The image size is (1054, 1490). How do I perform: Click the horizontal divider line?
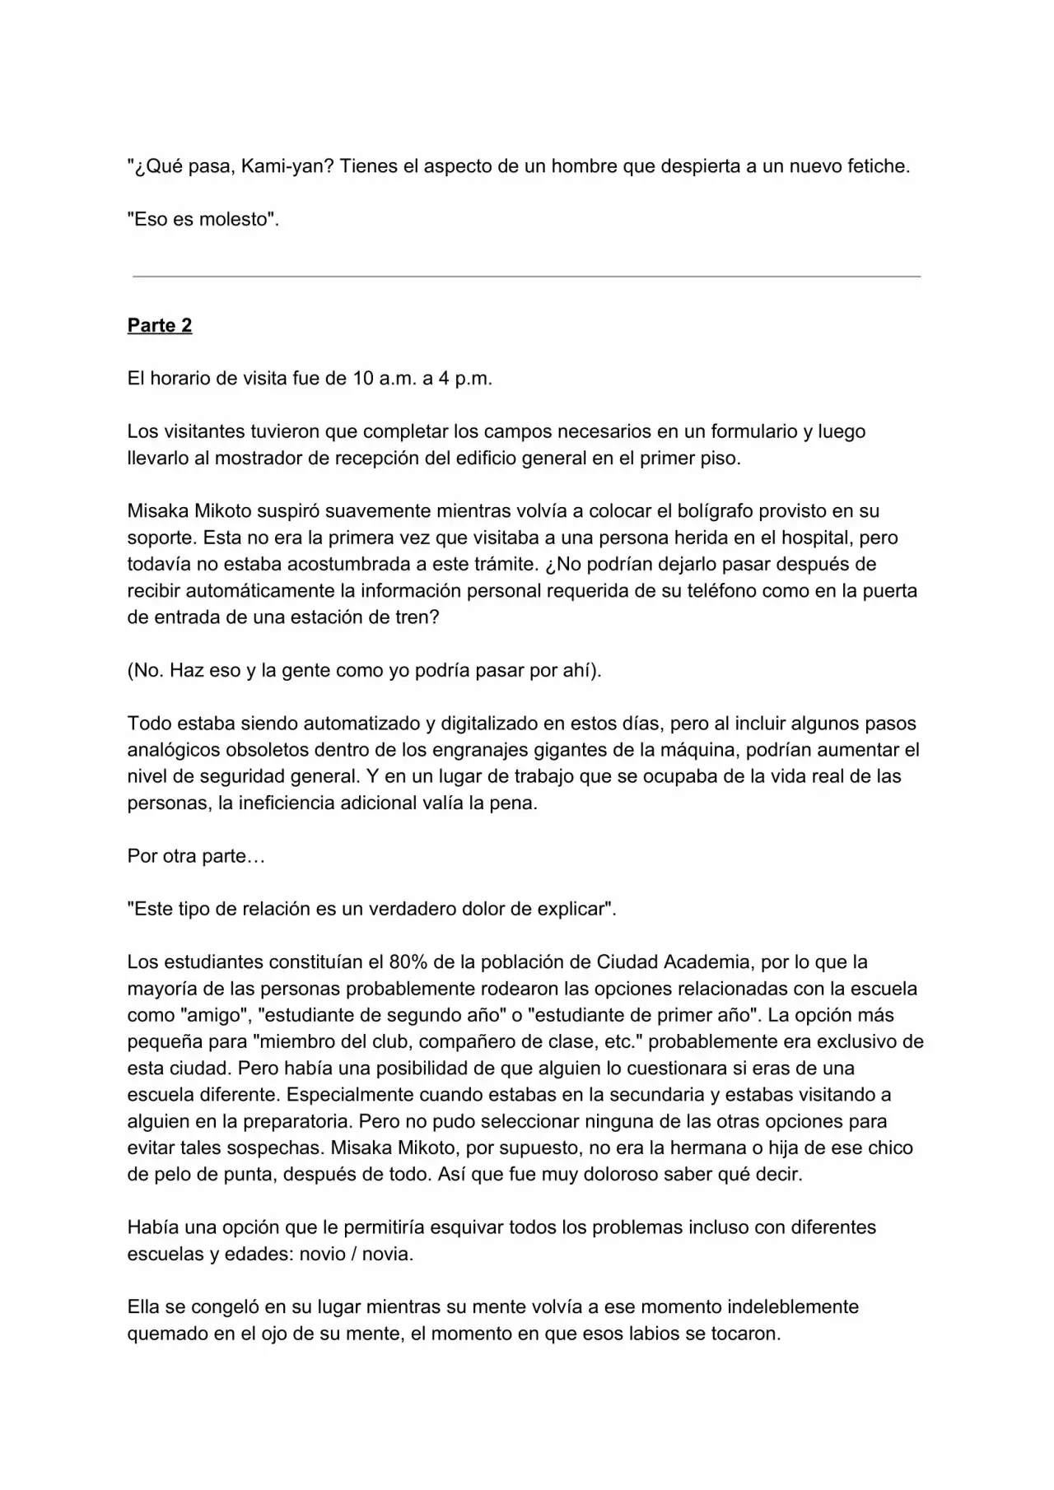tap(526, 277)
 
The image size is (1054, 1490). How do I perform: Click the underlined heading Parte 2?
tap(160, 325)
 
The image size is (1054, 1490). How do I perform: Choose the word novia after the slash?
tap(386, 1255)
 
